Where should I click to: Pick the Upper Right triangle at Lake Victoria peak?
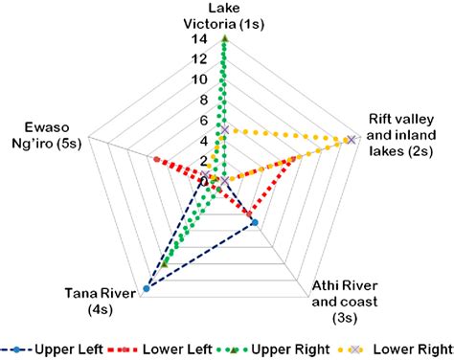[x=223, y=39]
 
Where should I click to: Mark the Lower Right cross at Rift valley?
[x=351, y=140]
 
